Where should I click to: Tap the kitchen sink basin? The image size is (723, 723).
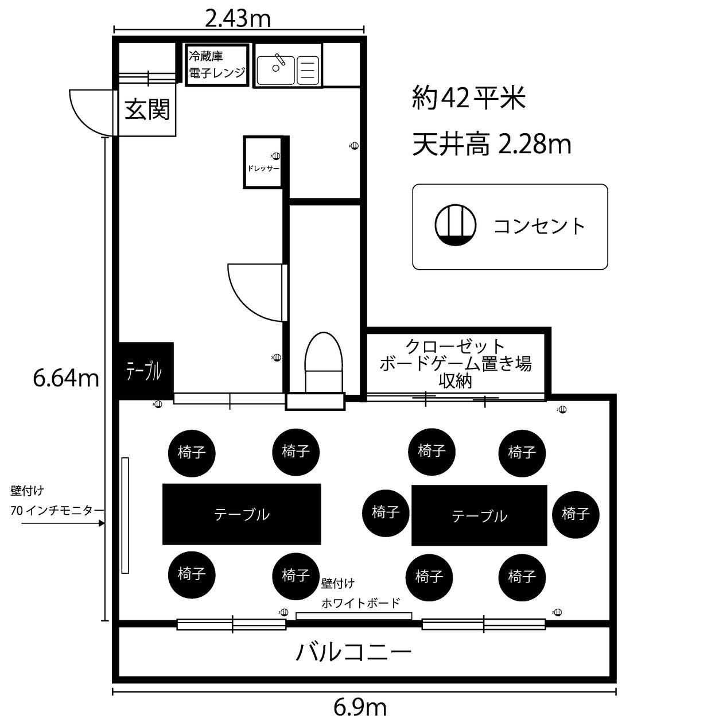point(275,69)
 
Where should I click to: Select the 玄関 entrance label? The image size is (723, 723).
point(147,109)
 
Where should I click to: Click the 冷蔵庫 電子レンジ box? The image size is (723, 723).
point(217,64)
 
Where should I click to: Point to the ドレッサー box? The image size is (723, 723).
point(263,162)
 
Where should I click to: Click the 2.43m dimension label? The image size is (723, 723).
point(238,19)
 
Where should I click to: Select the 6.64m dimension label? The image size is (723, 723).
point(66,378)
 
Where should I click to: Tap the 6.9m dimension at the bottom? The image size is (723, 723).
point(360,708)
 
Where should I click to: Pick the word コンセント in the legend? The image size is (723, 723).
point(539,226)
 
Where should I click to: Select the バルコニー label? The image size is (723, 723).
point(353,652)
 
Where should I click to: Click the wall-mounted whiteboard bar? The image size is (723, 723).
point(353,616)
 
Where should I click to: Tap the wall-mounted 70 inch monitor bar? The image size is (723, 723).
point(125,515)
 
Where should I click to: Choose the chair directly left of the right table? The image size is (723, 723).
point(386,512)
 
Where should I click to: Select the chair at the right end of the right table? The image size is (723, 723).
point(576,514)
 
